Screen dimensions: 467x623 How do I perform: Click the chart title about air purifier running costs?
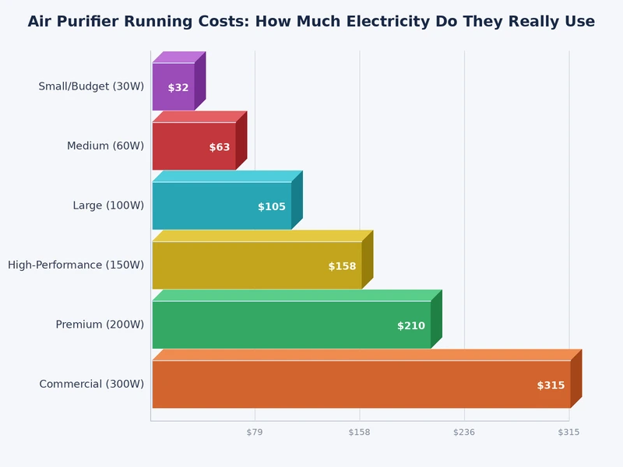coord(311,22)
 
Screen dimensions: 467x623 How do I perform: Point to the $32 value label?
coord(178,88)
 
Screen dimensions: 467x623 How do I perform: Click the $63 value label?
coord(220,147)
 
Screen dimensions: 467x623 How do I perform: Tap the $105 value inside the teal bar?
coord(272,207)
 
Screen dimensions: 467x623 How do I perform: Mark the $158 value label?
coord(342,266)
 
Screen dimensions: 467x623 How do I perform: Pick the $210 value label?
coord(411,326)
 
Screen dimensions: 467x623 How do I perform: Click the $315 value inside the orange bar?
coord(551,385)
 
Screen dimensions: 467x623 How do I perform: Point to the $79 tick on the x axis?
coord(255,432)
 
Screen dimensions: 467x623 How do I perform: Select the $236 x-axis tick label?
coord(464,432)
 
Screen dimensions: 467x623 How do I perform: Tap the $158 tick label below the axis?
coord(359,432)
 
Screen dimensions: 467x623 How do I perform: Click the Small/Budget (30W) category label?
coord(91,86)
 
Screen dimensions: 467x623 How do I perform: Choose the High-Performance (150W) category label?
coord(76,265)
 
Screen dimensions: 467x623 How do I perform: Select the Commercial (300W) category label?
coord(91,384)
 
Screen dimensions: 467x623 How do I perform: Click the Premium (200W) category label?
coord(100,325)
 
